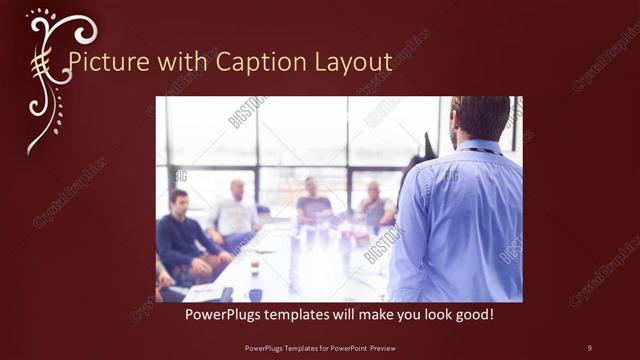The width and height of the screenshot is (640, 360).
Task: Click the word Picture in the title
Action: tap(98, 63)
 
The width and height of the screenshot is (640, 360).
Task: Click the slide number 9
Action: tap(589, 347)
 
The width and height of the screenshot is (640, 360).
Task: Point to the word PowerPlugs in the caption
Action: tap(223, 314)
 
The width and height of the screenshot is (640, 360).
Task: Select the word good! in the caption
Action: tap(470, 314)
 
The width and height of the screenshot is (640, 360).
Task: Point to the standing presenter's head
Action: tap(480, 118)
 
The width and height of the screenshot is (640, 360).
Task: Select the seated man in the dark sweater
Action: tap(180, 235)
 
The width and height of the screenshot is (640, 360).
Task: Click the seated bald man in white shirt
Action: tap(237, 210)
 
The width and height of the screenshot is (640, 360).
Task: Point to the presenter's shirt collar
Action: tap(478, 146)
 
